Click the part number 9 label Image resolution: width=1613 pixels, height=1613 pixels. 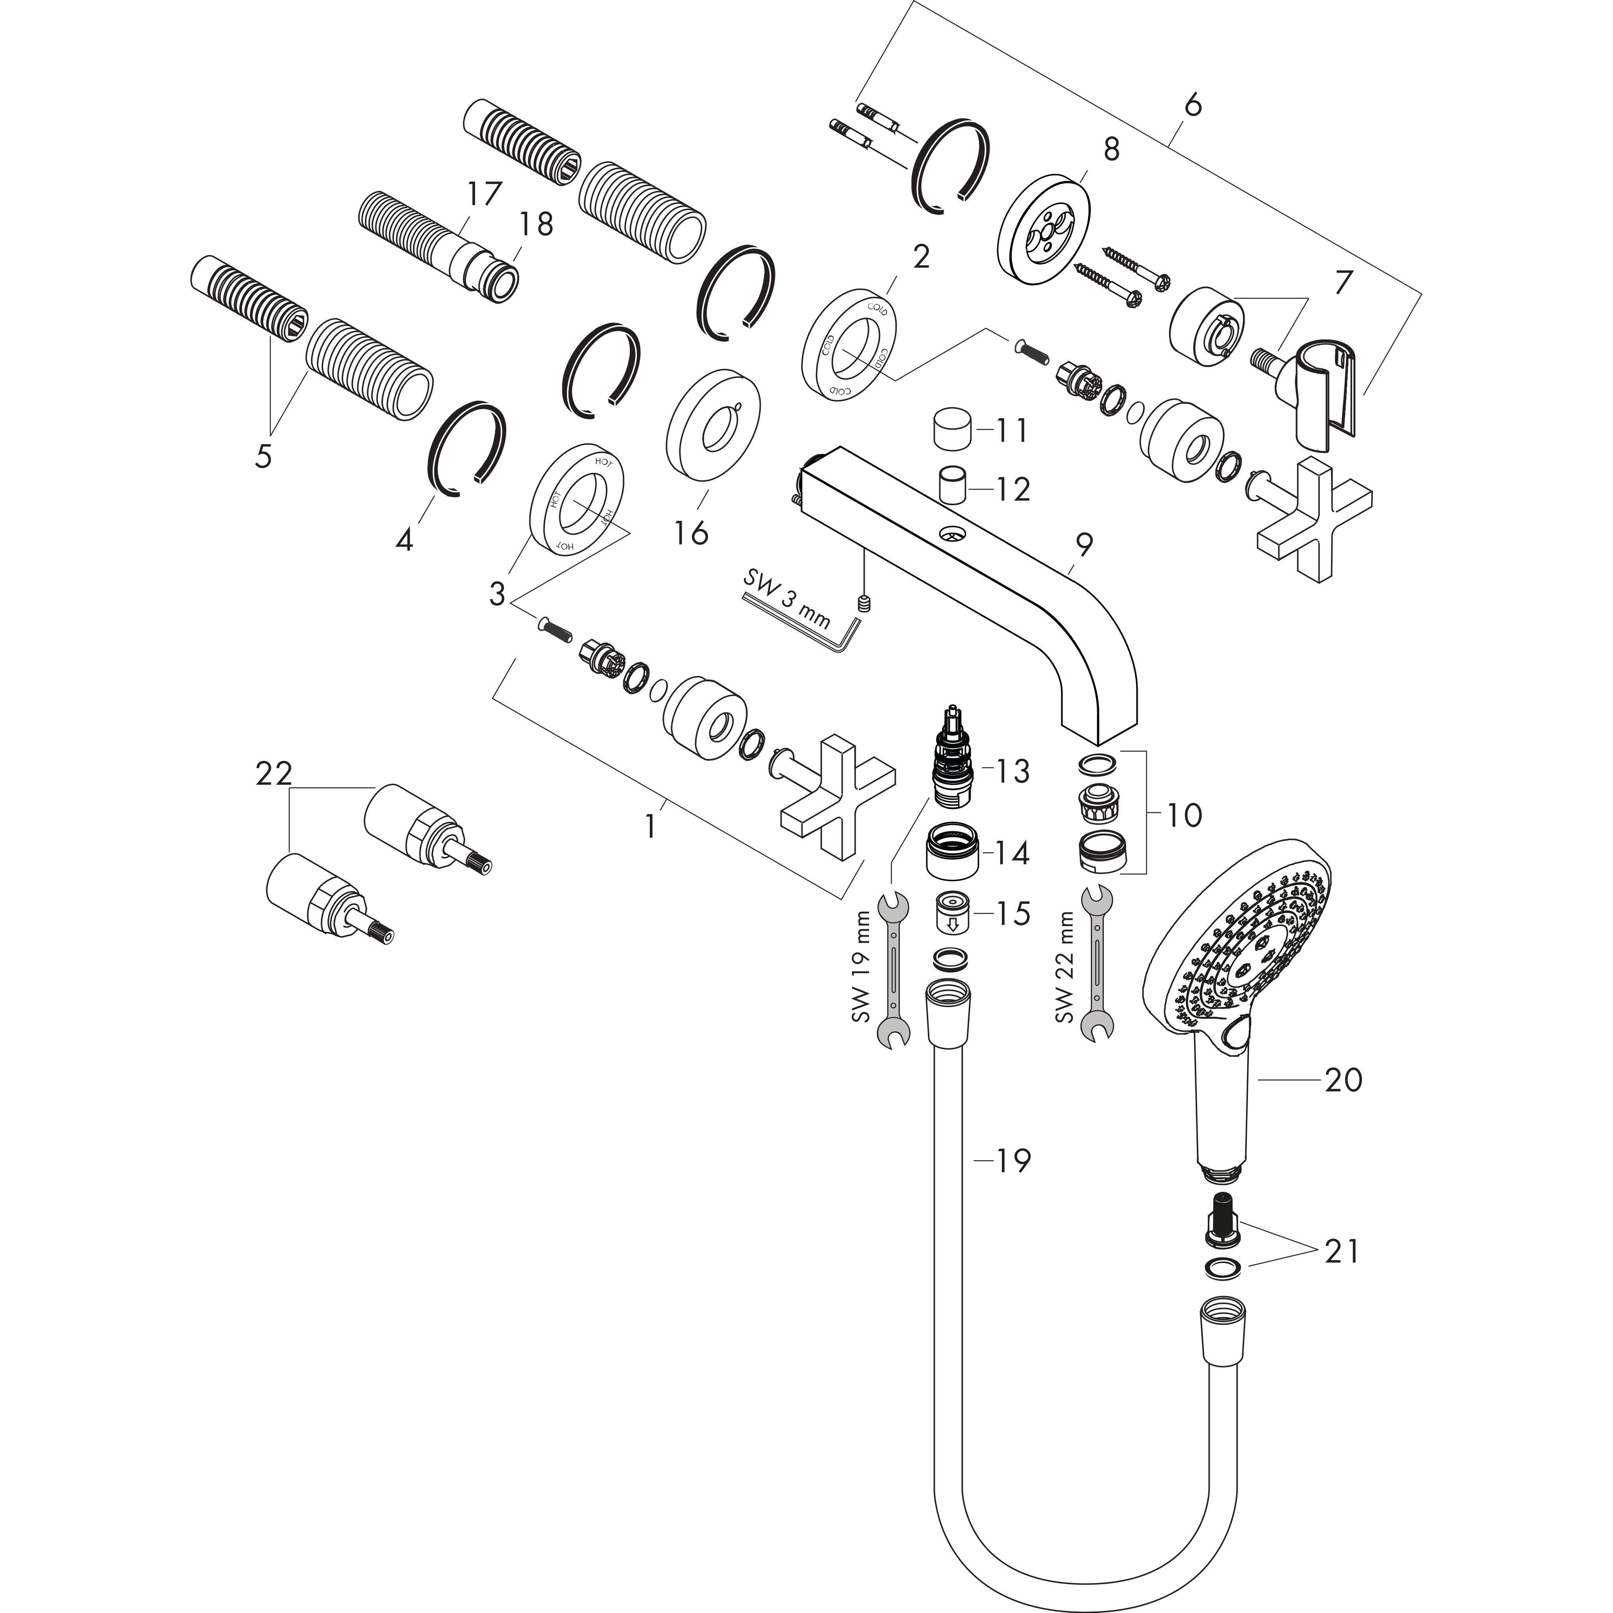tap(1084, 545)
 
